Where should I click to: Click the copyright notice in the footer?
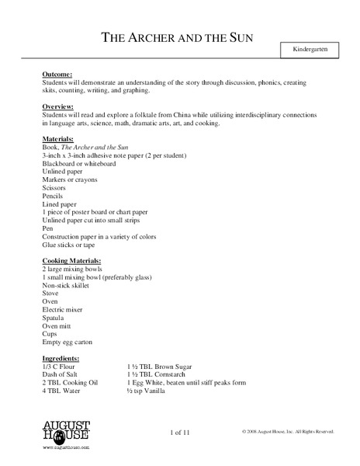(x=287, y=431)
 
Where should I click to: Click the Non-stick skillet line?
(x=66, y=286)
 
